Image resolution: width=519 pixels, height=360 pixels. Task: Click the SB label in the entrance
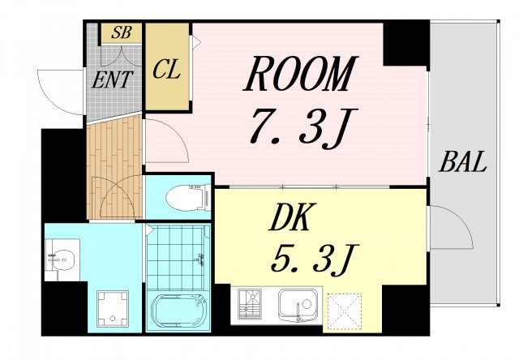[x=122, y=32]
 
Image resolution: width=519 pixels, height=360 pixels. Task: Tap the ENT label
[x=112, y=79]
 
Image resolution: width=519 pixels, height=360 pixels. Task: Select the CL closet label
[x=166, y=70]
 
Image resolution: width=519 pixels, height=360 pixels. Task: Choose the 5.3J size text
[x=311, y=259]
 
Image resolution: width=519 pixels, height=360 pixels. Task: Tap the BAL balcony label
[x=463, y=161]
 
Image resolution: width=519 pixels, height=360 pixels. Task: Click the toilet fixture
[x=188, y=198]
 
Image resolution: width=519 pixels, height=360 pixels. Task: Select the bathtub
[x=178, y=311]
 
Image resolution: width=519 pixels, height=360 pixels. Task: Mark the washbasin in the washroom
[x=62, y=259]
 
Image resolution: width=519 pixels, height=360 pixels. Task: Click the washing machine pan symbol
[x=113, y=308]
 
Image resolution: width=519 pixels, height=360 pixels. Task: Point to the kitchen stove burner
[x=250, y=304]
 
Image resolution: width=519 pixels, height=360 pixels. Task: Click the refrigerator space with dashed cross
[x=344, y=311]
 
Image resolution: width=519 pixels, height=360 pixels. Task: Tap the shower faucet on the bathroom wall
[x=200, y=259]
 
